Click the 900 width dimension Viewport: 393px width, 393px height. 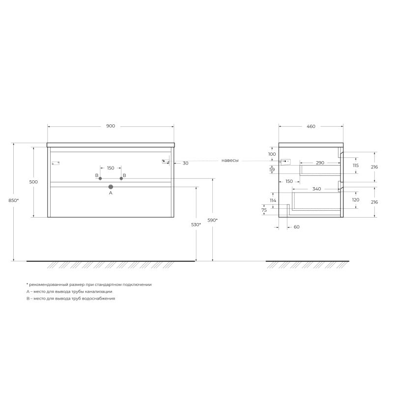click(x=111, y=126)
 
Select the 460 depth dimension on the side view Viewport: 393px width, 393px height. click(x=310, y=126)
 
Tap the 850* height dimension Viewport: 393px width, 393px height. click(x=14, y=200)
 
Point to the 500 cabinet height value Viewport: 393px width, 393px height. click(x=33, y=182)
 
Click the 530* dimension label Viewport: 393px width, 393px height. click(x=196, y=225)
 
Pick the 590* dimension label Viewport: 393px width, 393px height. click(x=212, y=220)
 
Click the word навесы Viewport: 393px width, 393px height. click(x=230, y=161)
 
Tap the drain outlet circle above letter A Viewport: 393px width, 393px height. click(x=111, y=187)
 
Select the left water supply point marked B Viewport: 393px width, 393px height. click(x=100, y=178)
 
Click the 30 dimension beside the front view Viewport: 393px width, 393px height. click(x=185, y=163)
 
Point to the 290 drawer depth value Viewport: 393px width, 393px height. click(x=320, y=162)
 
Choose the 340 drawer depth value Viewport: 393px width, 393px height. click(x=316, y=189)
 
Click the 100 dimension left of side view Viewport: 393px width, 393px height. click(x=272, y=154)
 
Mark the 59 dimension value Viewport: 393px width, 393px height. click(x=272, y=169)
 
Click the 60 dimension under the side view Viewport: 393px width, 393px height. click(x=296, y=227)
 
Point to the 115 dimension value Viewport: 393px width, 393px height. click(x=356, y=166)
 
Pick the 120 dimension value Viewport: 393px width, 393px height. click(x=356, y=200)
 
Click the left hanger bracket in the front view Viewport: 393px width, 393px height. click(x=55, y=163)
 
